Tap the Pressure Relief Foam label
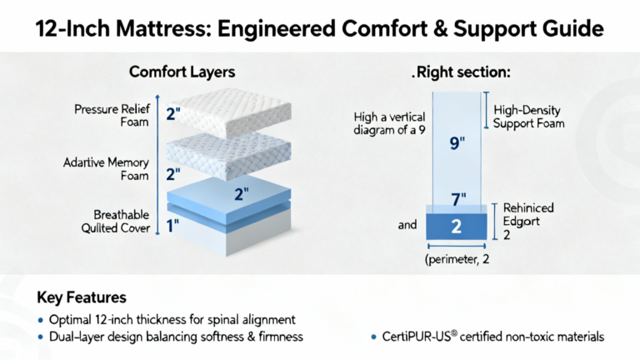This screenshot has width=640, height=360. tap(112, 116)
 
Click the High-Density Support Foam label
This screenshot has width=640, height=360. tap(528, 117)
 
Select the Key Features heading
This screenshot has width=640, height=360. tap(82, 297)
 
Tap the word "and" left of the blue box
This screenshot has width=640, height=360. tap(407, 224)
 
